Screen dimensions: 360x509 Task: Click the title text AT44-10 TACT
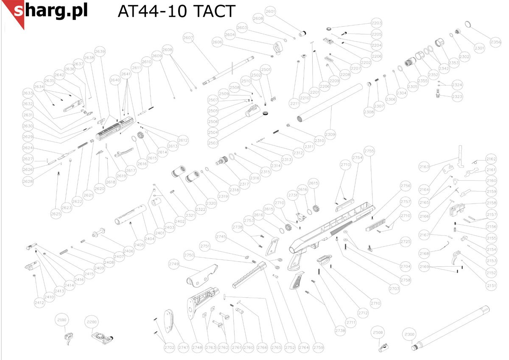tap(176, 11)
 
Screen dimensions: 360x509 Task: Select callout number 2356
tap(495, 42)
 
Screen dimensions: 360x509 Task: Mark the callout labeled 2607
tap(188, 38)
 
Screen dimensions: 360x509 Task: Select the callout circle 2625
tap(56, 214)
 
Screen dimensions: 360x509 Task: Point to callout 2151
tap(491, 286)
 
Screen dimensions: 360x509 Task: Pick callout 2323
tap(457, 97)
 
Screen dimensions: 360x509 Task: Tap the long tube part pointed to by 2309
tap(331, 102)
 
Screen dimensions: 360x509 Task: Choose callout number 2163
tap(424, 166)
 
